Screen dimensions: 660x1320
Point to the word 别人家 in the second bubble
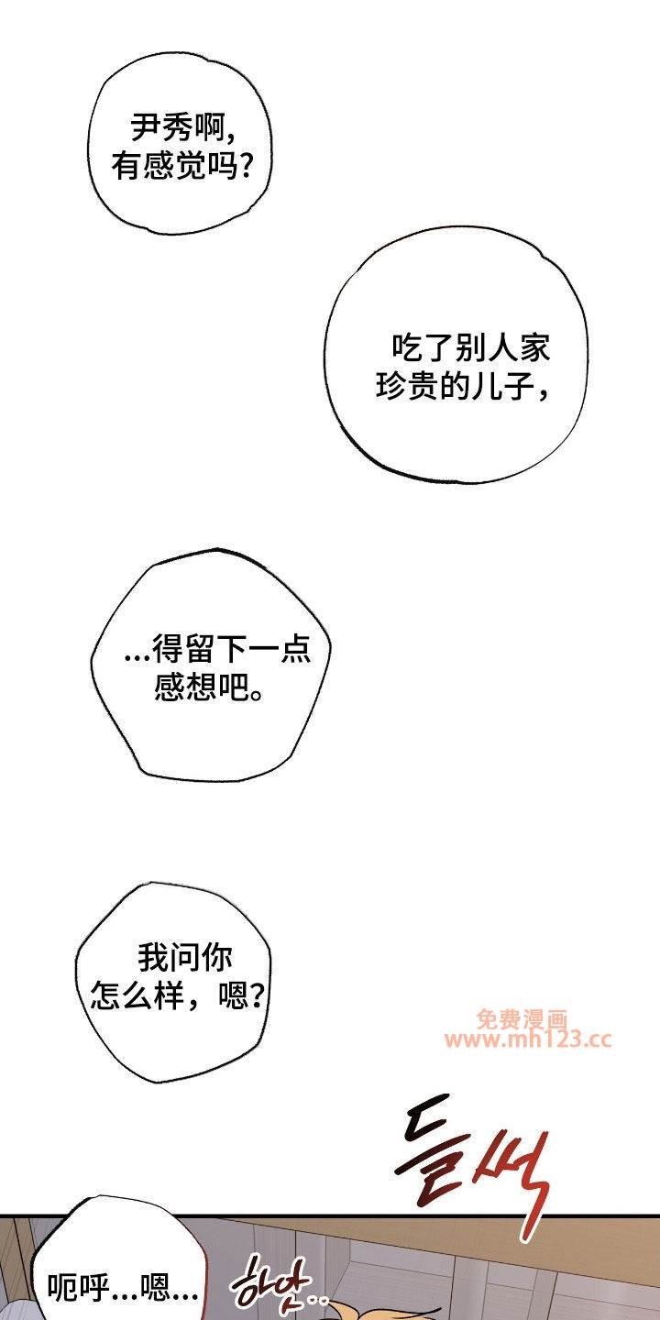pos(502,347)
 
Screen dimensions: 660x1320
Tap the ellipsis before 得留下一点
pos(137,656)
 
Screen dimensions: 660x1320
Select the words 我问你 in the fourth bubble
pos(185,957)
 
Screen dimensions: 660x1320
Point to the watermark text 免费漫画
pos(522,1019)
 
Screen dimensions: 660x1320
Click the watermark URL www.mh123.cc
pos(529,1039)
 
